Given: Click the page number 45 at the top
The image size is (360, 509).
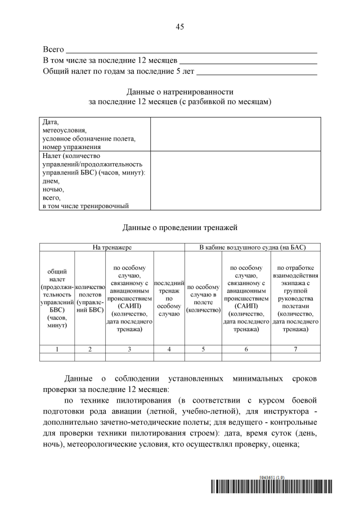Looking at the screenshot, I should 180,26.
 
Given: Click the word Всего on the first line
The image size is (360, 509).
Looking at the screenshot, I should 53,50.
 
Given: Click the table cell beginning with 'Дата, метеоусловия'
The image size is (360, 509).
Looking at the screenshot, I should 90,134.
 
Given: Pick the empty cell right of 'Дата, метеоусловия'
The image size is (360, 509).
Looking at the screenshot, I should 235,134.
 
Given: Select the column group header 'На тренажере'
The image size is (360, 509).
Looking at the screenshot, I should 112,247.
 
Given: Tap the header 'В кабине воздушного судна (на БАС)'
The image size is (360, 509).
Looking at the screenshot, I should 253,247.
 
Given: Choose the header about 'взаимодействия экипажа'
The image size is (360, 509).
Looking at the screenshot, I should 295,298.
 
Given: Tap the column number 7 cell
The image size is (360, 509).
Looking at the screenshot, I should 295,349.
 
